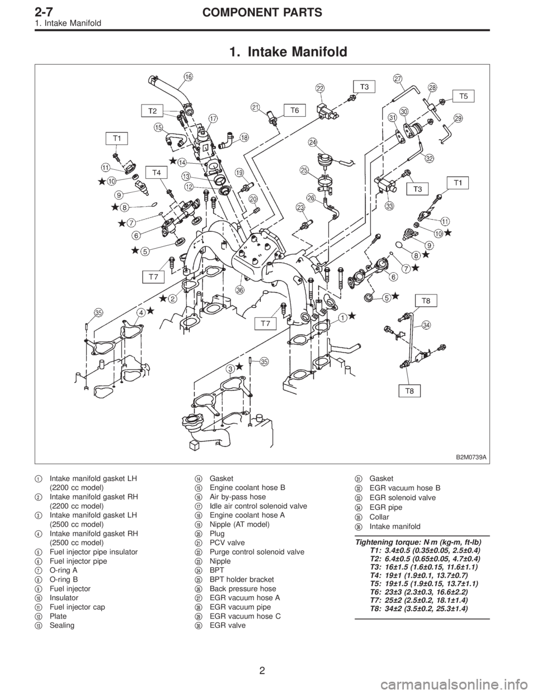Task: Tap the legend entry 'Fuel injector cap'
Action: tap(78, 607)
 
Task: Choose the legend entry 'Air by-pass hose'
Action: tap(229, 497)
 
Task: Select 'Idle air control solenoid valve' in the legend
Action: tap(252, 506)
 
